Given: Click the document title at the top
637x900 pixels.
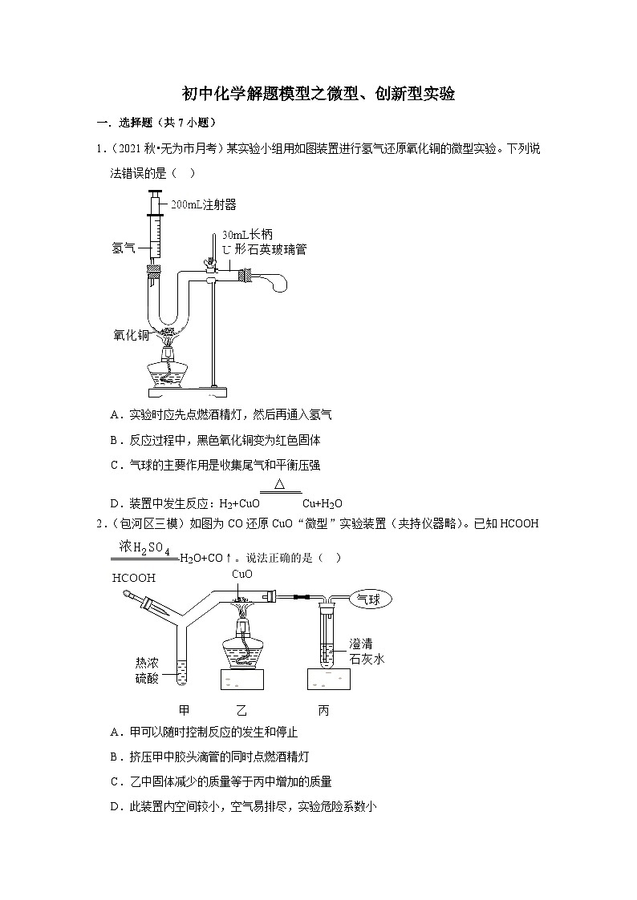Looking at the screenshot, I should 318,94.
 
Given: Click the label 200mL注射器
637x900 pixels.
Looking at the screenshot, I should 204,205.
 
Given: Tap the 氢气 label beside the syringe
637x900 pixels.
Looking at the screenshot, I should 124,248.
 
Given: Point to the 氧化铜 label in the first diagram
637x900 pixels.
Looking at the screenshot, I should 131,336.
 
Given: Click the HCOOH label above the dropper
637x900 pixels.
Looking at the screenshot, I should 134,578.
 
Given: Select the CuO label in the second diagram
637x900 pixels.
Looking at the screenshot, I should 242,574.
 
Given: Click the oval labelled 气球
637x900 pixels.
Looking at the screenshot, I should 372,599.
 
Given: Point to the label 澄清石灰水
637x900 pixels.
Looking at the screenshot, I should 367,652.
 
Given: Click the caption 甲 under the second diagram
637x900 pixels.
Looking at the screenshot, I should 184,710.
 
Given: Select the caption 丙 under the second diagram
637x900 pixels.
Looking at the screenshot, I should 323,710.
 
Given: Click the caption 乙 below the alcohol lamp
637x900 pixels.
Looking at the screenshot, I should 241,710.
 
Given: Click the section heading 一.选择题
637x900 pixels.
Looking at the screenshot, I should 156,123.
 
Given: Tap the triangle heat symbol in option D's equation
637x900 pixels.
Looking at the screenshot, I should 280,485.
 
